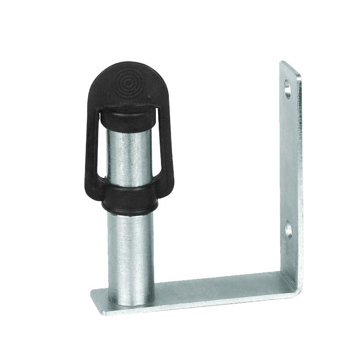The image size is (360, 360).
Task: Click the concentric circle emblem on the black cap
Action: [x=125, y=83]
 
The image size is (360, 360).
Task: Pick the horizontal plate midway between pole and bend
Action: [x=216, y=287]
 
